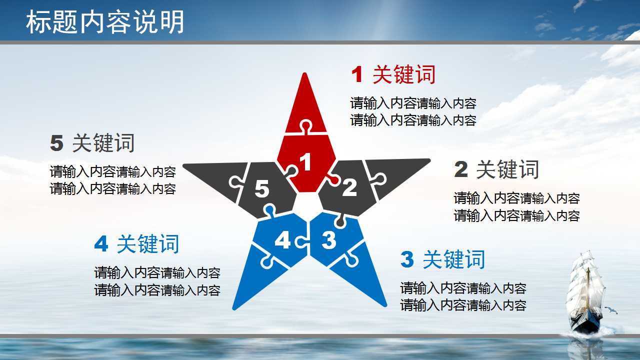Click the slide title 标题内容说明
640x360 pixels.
[x=105, y=22]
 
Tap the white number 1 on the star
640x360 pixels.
[x=305, y=162]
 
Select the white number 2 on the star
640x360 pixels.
[x=349, y=187]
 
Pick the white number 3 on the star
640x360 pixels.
[x=328, y=240]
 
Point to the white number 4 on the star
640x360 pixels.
[x=282, y=241]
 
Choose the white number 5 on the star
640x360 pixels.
[x=262, y=189]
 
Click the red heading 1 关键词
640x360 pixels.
[x=393, y=75]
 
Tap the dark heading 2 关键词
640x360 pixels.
[x=496, y=170]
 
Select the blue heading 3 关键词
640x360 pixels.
[x=443, y=260]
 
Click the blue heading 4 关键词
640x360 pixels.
[x=136, y=244]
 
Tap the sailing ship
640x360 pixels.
[x=585, y=292]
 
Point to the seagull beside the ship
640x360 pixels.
[x=611, y=310]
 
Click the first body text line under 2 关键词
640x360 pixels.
[x=516, y=198]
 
